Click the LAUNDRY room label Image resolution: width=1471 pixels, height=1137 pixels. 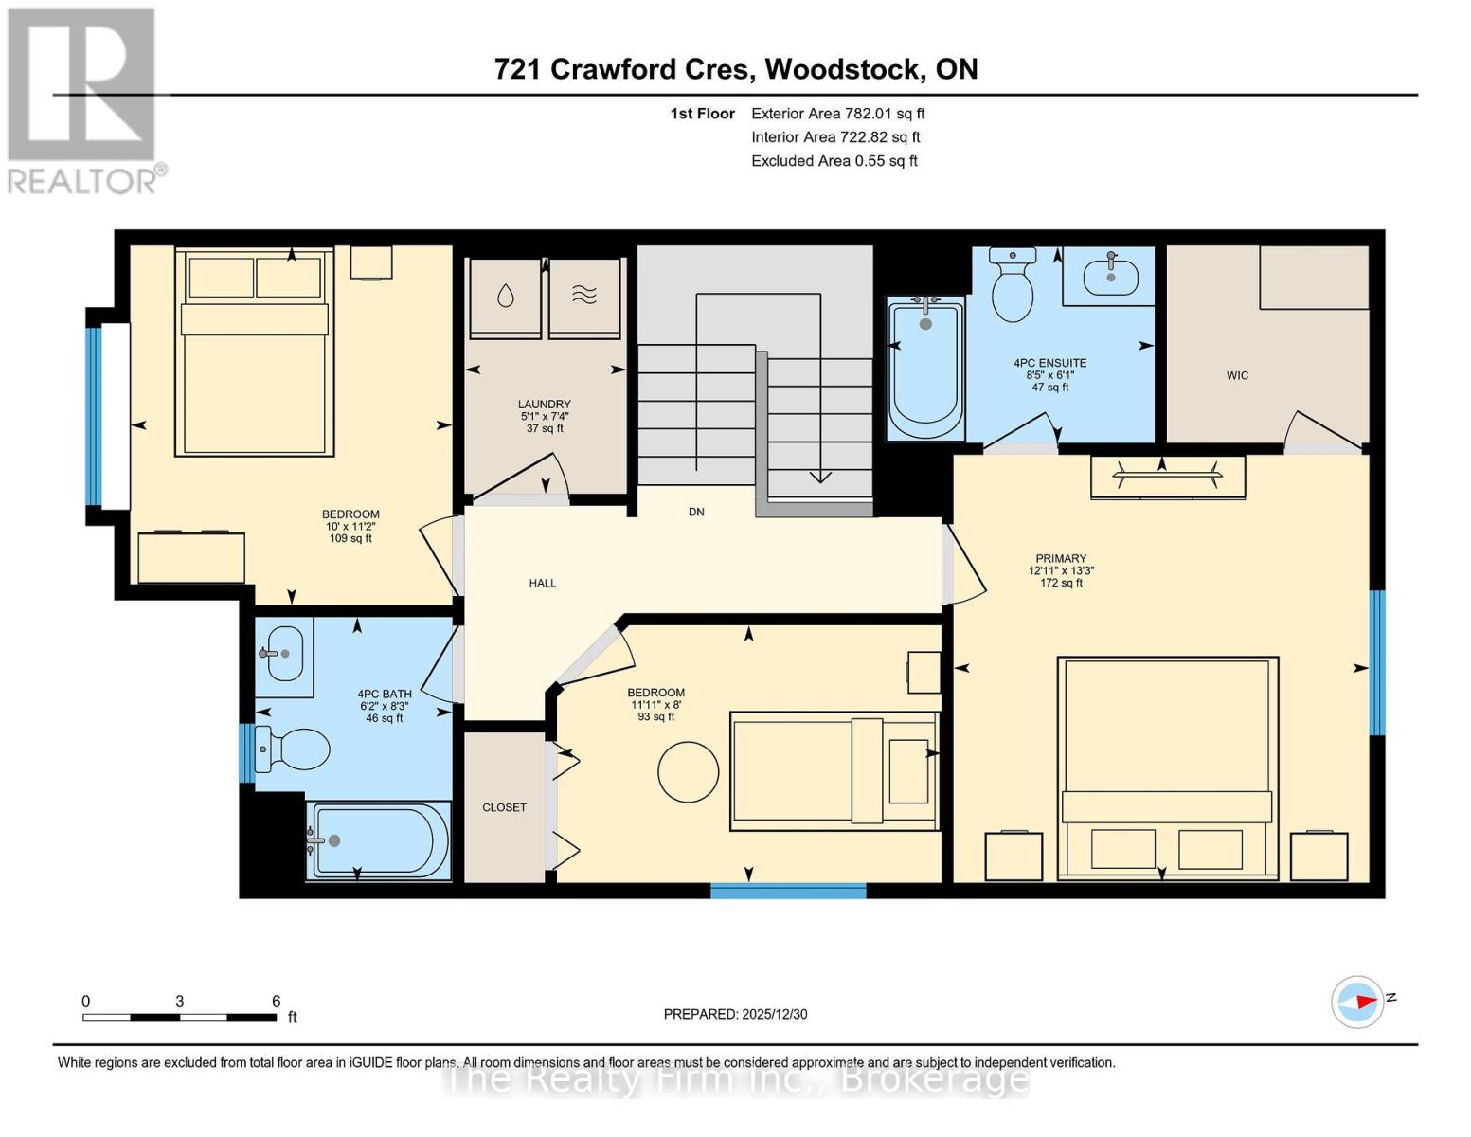pyautogui.click(x=544, y=404)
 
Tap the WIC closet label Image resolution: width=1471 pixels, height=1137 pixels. pyautogui.click(x=1237, y=375)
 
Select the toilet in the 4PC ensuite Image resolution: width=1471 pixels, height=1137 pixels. pyautogui.click(x=1012, y=286)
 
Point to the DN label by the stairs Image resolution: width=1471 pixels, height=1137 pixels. pyautogui.click(x=696, y=512)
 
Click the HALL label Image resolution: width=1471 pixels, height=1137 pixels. pyautogui.click(x=543, y=583)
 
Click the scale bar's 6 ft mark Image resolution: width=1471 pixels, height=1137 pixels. pyautogui.click(x=276, y=1002)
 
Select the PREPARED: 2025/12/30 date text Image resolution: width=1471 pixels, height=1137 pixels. pyautogui.click(x=735, y=1014)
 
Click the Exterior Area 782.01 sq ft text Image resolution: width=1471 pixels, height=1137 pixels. pyautogui.click(x=837, y=113)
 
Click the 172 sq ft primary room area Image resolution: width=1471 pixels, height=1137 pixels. pyautogui.click(x=1061, y=583)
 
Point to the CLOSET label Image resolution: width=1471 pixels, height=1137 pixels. pyautogui.click(x=504, y=807)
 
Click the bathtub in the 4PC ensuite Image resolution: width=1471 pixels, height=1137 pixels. pyautogui.click(x=925, y=370)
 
